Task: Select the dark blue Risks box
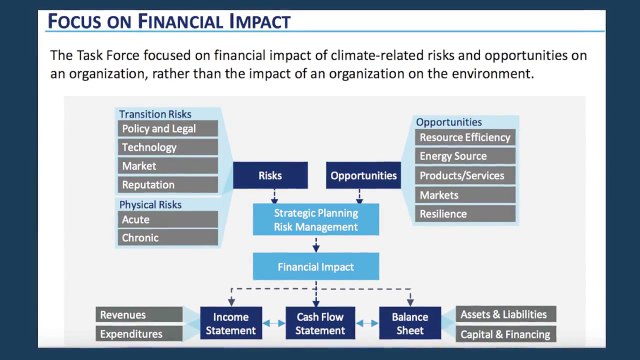pyautogui.click(x=269, y=176)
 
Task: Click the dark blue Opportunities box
pyautogui.click(x=365, y=176)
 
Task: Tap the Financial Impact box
pyautogui.click(x=316, y=267)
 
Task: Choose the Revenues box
pyautogui.click(x=140, y=315)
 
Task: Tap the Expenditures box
pyautogui.click(x=140, y=334)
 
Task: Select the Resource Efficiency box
pyautogui.click(x=465, y=137)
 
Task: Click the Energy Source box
pyautogui.click(x=465, y=156)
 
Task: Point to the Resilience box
pyautogui.click(x=465, y=214)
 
